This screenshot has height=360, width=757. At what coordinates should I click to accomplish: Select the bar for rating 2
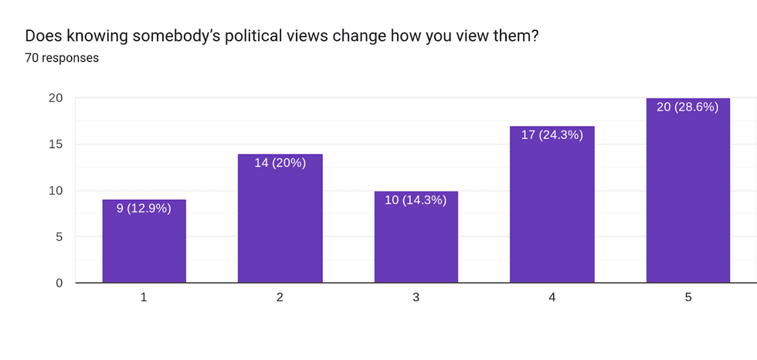click(280, 224)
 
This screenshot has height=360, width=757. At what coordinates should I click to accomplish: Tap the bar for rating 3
click(416, 243)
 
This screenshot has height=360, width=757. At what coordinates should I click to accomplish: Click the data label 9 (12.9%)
click(144, 208)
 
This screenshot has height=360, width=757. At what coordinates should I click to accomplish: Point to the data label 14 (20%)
click(280, 162)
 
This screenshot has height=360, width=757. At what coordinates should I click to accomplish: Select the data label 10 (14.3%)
click(416, 199)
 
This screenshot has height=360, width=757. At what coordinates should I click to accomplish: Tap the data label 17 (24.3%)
click(552, 134)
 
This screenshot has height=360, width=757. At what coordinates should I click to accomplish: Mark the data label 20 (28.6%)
click(687, 107)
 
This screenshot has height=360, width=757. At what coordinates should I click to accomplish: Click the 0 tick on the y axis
click(59, 283)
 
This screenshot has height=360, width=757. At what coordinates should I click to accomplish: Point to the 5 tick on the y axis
click(59, 236)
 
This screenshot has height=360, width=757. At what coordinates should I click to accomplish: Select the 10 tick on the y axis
click(56, 190)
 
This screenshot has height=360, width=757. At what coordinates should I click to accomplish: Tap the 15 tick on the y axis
click(56, 144)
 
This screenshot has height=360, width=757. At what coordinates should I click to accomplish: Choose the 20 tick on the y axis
click(56, 97)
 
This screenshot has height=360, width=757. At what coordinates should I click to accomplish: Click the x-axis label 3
click(416, 297)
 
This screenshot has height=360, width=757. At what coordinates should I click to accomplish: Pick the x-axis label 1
click(144, 297)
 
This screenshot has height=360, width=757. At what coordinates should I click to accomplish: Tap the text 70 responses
click(62, 57)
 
